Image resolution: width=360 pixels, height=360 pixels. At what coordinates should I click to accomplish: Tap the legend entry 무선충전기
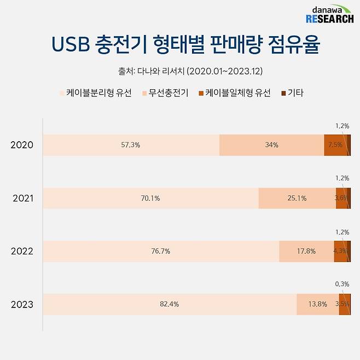[165, 93]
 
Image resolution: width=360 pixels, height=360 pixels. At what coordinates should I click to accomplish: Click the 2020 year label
[22, 145]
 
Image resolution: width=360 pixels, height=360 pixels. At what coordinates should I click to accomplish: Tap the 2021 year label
[22, 198]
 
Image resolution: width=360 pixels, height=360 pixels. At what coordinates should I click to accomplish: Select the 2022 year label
[22, 251]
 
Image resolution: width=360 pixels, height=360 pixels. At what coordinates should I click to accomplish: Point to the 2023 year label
[22, 304]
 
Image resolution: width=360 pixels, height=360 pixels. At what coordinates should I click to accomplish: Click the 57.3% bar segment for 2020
[131, 145]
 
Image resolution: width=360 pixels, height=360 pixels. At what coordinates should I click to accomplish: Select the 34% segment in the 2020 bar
[271, 145]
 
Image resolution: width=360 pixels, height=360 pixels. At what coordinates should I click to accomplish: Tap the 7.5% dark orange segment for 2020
[335, 145]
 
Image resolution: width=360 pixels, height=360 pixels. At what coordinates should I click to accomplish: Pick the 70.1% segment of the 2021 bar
[150, 198]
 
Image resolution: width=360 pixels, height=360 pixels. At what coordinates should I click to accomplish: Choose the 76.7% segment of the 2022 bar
[161, 251]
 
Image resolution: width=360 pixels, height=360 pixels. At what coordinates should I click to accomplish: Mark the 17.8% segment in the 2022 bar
[306, 251]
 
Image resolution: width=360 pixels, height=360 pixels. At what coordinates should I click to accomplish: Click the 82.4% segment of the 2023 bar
[170, 304]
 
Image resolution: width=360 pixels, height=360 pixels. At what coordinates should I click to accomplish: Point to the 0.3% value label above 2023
[342, 284]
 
